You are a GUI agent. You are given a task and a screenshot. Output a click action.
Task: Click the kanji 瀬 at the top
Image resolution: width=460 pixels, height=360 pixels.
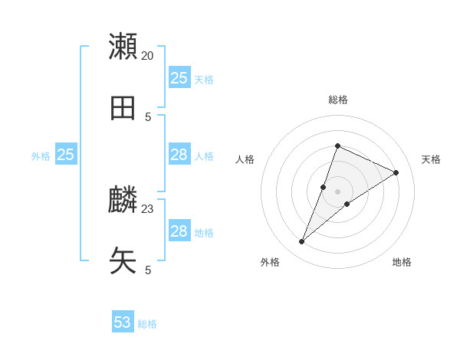tap(123, 47)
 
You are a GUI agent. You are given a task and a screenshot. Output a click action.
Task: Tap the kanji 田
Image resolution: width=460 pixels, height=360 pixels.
tap(123, 108)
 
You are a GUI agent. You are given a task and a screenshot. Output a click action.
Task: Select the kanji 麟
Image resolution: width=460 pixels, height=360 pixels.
tap(123, 200)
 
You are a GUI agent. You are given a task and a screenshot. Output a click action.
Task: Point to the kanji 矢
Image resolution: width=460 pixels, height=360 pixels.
tap(123, 261)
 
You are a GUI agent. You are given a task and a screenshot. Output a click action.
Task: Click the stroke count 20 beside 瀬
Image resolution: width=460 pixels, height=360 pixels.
tap(148, 56)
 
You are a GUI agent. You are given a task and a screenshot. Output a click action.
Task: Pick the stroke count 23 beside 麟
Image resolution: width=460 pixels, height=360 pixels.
tap(148, 208)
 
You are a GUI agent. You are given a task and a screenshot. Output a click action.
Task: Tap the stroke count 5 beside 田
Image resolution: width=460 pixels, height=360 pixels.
tap(148, 117)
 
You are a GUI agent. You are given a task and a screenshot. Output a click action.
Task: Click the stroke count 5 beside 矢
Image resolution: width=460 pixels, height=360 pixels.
tap(148, 270)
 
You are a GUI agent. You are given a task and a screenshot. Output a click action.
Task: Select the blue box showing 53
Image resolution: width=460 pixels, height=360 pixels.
tap(123, 322)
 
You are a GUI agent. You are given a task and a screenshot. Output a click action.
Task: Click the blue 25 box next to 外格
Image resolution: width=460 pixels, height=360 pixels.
tap(66, 155)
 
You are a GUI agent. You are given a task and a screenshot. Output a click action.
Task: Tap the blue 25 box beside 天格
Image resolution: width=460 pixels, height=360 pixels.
tap(179, 78)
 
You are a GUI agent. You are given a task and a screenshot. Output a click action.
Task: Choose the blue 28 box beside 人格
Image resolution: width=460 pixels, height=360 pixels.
tap(179, 155)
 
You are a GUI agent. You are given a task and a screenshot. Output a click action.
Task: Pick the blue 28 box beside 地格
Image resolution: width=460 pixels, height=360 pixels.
tap(179, 231)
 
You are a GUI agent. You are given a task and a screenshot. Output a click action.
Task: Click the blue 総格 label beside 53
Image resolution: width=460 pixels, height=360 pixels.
tap(147, 324)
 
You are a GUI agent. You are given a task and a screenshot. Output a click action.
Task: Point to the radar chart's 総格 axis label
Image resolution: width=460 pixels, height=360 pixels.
tap(338, 100)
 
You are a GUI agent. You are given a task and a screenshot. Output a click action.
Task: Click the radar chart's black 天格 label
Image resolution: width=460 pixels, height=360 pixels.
tap(431, 159)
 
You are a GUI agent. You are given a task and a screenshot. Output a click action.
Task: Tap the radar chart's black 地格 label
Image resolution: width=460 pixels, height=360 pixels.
tap(402, 262)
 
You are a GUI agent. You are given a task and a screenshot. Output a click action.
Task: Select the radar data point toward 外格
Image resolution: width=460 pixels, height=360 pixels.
tap(302, 242)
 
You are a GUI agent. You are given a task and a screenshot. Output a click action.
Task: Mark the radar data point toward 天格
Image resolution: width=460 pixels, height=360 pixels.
tap(396, 172)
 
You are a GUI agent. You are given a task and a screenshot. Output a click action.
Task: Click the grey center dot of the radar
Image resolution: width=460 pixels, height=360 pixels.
tap(338, 191)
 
